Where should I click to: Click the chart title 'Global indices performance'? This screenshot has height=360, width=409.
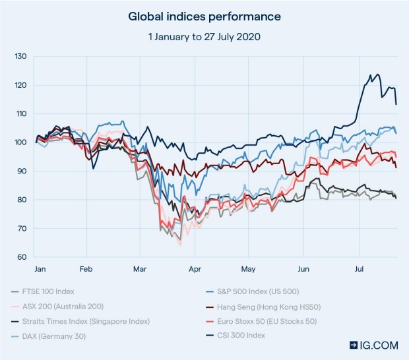(204, 16)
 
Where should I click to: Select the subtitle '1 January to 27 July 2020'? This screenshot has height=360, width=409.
(204, 36)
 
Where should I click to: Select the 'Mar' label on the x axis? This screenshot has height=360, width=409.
(140, 269)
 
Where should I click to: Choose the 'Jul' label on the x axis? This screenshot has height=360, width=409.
(359, 269)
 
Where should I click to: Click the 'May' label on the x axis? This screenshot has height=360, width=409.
(248, 269)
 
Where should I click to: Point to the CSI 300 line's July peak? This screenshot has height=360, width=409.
(377, 75)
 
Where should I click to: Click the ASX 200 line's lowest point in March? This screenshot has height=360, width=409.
(180, 246)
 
